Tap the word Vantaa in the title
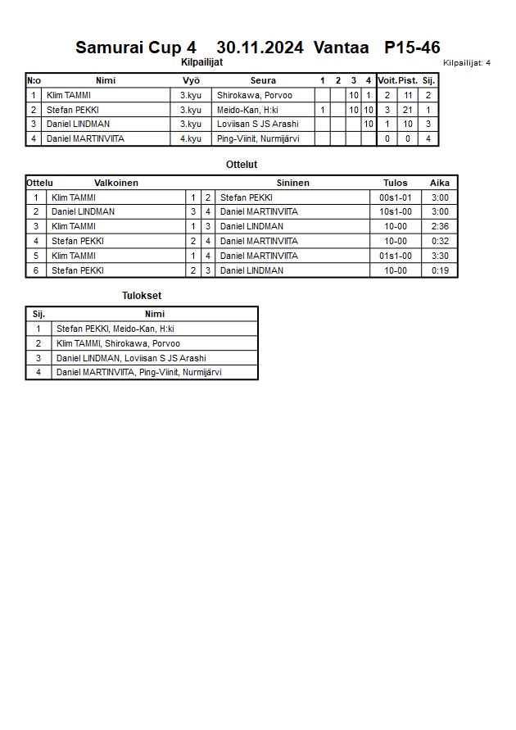341,48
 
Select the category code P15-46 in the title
412,48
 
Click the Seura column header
263,80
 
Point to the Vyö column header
191,80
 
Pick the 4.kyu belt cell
191,139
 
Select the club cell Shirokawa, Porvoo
254,95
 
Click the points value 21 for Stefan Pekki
408,110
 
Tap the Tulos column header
395,183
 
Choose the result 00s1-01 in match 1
395,197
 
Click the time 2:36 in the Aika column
440,226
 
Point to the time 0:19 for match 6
440,270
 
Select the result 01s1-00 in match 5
395,256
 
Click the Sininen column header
292,183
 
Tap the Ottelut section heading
242,165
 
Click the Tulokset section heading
142,296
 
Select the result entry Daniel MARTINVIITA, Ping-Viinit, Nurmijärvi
139,373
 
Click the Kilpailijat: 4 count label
467,62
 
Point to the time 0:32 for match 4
440,241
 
